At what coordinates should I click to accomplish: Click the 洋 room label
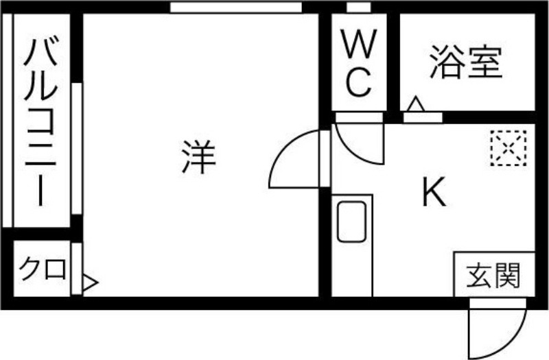(x=198, y=157)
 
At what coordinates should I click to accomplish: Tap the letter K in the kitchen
(x=434, y=192)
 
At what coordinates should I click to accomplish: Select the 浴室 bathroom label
(x=467, y=62)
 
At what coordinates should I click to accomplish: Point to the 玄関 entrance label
(x=493, y=275)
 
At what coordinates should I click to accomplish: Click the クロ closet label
(x=43, y=269)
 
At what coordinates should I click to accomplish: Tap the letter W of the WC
(x=359, y=44)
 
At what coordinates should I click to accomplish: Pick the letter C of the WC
(x=358, y=82)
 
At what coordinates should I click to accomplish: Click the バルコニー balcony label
(x=40, y=122)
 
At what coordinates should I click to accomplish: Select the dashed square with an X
(x=509, y=148)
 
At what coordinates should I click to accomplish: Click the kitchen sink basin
(x=351, y=221)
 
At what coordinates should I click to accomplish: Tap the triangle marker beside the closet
(x=91, y=283)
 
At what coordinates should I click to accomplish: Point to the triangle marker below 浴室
(x=417, y=104)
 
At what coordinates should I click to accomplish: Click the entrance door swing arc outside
(x=498, y=329)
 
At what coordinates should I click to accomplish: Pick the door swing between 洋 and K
(x=295, y=159)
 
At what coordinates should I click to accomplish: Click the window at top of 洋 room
(x=236, y=8)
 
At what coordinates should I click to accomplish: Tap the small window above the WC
(x=358, y=7)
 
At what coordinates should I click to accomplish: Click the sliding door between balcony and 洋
(x=77, y=148)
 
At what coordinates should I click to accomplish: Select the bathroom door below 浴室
(x=423, y=117)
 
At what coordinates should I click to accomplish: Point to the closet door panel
(x=77, y=269)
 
